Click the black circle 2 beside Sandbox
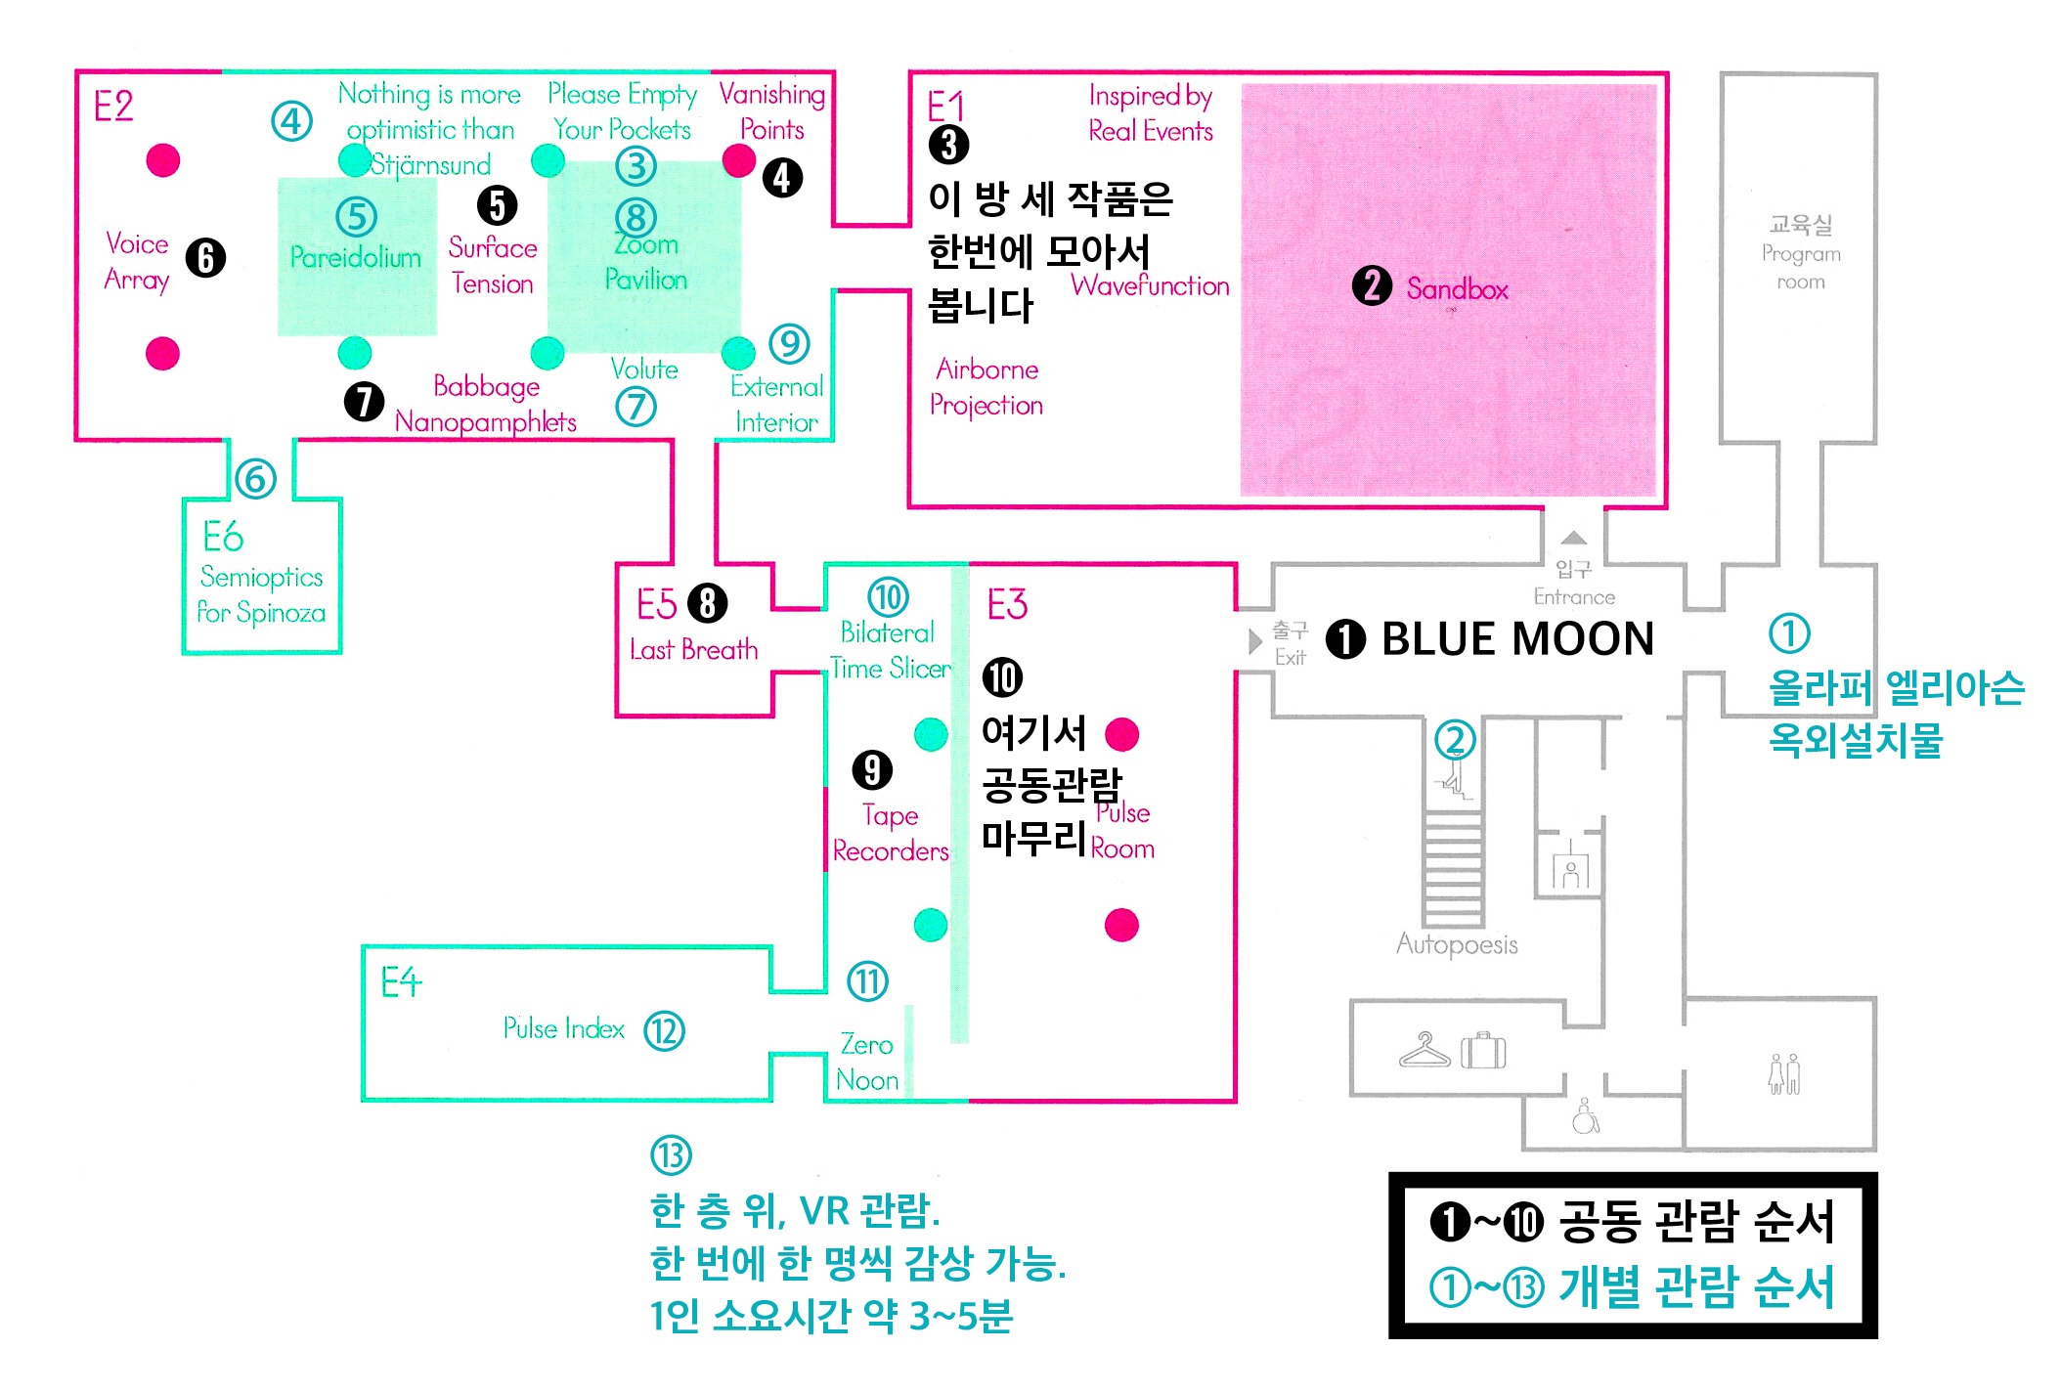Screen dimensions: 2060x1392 click(1372, 286)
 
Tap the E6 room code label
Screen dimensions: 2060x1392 click(223, 537)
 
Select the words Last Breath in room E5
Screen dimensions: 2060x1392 click(693, 650)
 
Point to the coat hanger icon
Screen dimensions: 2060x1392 click(1424, 1050)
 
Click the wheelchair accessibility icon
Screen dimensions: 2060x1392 click(1585, 1115)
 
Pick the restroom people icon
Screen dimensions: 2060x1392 click(1783, 1073)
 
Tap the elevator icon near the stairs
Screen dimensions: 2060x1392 click(1570, 869)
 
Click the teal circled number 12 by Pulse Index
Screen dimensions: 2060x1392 click(665, 1031)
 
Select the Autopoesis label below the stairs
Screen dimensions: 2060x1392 click(1457, 944)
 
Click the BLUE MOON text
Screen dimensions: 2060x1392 click(1517, 639)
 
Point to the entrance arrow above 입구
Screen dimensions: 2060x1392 click(1573, 538)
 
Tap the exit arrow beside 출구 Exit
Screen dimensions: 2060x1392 click(1255, 641)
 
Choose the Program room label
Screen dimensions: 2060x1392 click(1801, 253)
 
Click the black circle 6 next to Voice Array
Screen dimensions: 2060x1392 click(205, 258)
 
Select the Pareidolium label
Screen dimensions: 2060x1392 click(356, 257)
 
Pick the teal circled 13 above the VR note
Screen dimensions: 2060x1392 click(671, 1155)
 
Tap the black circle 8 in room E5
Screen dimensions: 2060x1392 click(708, 603)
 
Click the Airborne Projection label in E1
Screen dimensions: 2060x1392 click(986, 387)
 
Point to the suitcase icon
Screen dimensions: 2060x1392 click(1483, 1051)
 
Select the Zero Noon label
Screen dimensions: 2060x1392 click(867, 1063)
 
